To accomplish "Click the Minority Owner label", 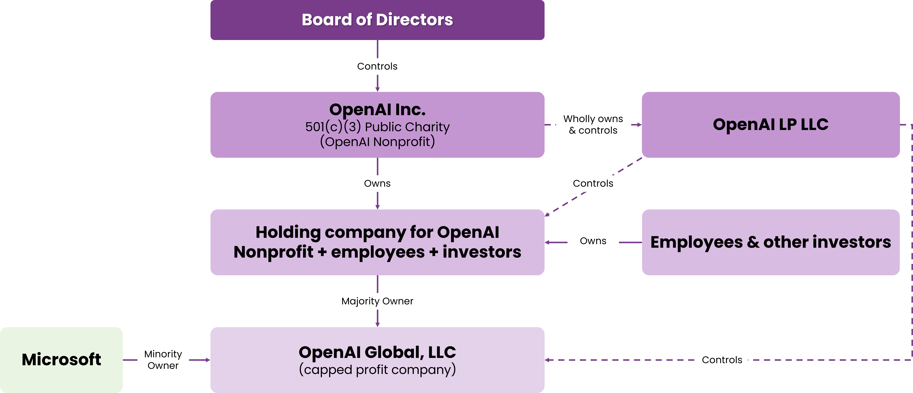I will pos(163,360).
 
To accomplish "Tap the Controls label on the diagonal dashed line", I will pos(593,184).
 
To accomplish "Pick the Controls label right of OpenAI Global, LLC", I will pos(722,360).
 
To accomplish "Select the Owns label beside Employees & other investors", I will pos(593,241).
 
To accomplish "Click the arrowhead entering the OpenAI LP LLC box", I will pos(639,125).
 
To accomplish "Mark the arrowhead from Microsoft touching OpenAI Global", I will pos(208,360).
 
